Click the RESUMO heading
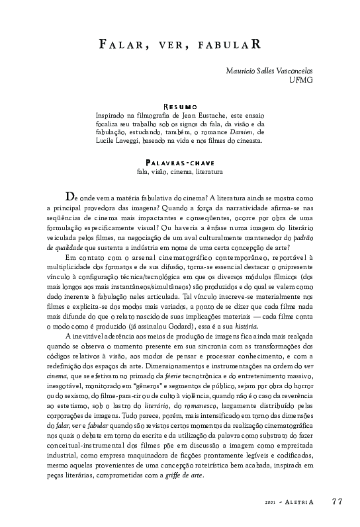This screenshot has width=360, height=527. click(180, 106)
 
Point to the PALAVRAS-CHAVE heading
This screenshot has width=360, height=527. click(180, 163)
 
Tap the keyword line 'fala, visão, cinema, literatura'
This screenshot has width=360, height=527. click(179, 172)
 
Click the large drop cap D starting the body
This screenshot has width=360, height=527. click(69, 196)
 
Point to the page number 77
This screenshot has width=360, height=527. click(337, 501)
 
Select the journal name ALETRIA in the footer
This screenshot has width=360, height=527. click(298, 502)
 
